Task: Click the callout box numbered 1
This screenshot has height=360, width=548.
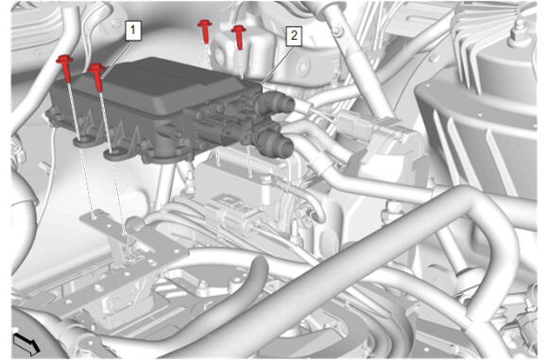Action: point(133,30)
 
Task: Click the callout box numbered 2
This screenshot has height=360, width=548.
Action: point(294,35)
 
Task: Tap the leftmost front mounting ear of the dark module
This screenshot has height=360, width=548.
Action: point(83,142)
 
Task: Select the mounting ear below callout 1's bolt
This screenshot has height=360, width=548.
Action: point(114,153)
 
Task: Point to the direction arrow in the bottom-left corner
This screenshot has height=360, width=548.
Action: point(26,343)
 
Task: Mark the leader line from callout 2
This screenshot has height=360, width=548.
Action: point(275,64)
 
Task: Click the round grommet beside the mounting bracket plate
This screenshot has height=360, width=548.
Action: point(133,224)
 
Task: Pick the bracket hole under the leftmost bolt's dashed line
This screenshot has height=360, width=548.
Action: point(94,217)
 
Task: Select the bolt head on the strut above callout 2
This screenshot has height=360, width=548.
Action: point(337,31)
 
